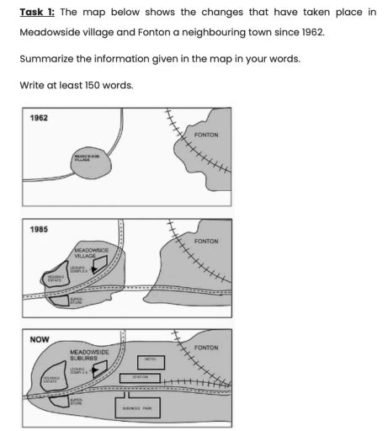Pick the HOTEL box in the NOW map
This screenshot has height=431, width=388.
[x=151, y=359]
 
